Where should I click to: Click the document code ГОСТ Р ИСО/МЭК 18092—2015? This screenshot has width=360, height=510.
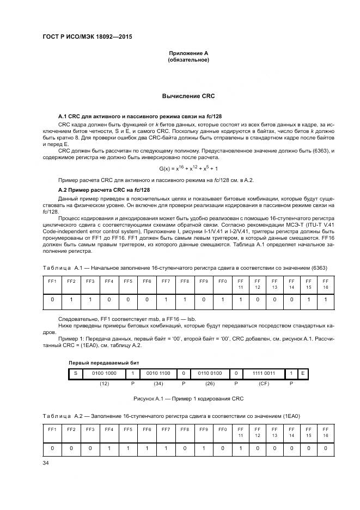tap(87, 38)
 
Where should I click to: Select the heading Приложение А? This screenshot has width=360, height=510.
tap(188, 53)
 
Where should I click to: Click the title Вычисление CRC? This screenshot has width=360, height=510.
tap(188, 96)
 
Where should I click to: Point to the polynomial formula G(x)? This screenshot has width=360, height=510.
tap(188, 169)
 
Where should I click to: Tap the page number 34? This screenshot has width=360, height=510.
tap(46, 463)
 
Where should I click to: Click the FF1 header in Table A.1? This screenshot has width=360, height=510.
tap(52, 281)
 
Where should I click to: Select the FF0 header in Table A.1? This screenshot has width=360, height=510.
tap(222, 281)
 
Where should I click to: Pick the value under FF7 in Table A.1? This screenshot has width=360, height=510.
tap(166, 300)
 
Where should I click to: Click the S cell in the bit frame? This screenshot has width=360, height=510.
tap(75, 373)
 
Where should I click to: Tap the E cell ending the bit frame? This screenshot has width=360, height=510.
tap(303, 373)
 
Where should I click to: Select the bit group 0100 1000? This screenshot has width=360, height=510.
tap(104, 373)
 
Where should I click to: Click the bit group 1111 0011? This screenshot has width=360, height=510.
tap(264, 373)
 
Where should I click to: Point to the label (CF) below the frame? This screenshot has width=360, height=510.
tap(264, 383)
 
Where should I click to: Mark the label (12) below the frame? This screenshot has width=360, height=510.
tap(104, 383)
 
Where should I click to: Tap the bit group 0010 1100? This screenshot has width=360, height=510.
tap(158, 373)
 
